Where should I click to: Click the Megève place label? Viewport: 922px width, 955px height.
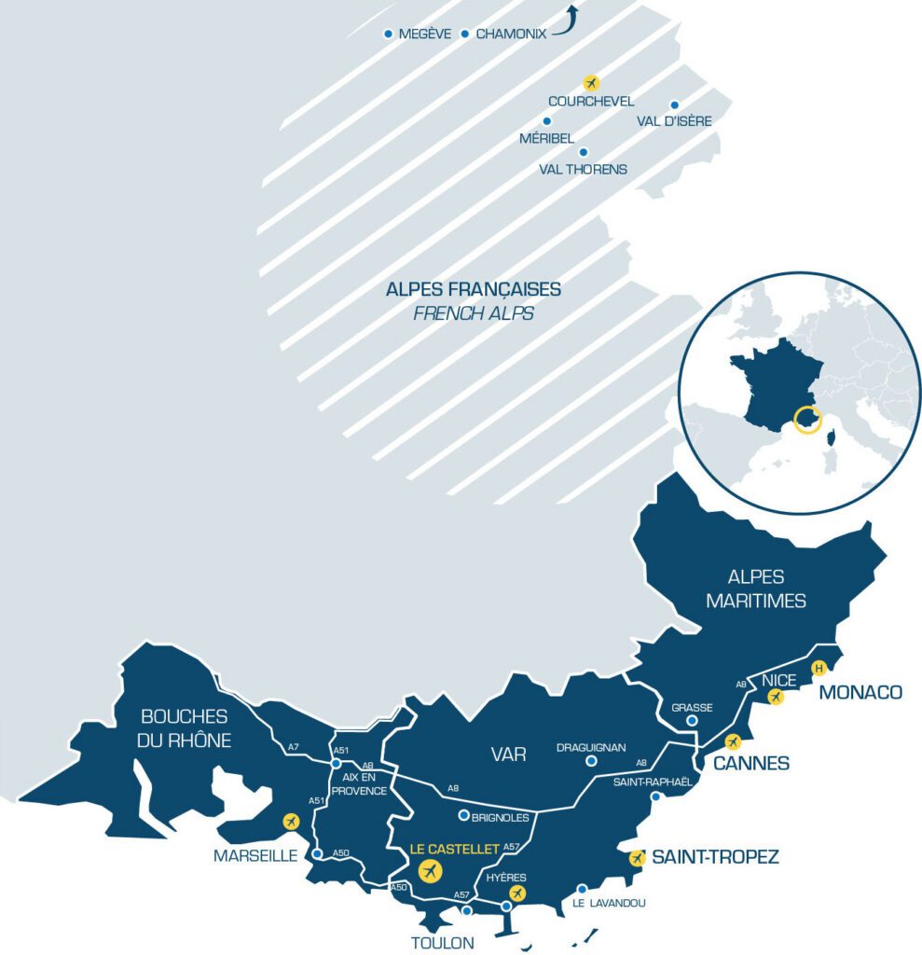[424, 35]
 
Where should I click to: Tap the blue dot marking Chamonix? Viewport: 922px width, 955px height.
[465, 35]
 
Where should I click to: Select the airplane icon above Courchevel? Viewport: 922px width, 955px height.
[590, 82]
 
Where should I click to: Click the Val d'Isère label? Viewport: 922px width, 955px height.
[674, 121]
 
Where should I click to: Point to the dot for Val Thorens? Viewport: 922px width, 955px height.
[584, 152]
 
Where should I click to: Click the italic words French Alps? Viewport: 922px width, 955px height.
[473, 313]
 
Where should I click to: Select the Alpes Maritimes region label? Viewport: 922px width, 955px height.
[755, 588]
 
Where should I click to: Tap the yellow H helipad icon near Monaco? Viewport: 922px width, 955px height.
[819, 668]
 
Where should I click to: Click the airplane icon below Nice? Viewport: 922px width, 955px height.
[775, 696]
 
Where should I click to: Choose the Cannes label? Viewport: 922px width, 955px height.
[751, 764]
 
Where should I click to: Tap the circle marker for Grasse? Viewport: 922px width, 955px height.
[692, 721]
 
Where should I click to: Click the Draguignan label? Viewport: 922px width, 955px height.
[591, 747]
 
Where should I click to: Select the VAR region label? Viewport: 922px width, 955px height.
[509, 754]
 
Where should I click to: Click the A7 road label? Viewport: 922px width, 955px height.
[294, 746]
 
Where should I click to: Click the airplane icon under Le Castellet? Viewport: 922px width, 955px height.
[430, 871]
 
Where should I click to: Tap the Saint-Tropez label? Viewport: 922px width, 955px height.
[715, 856]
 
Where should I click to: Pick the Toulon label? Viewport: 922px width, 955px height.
[443, 942]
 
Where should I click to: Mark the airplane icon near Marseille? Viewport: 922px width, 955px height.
[291, 822]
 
